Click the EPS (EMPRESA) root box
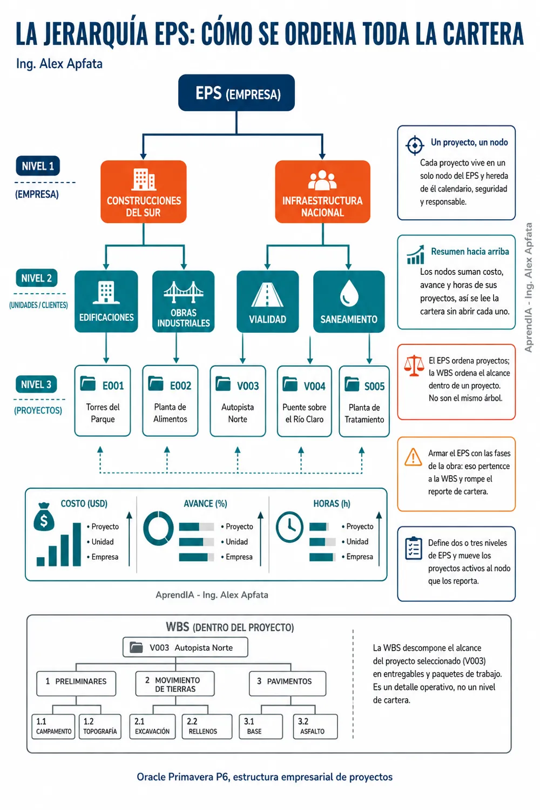[236, 92]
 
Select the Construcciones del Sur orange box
[144, 191]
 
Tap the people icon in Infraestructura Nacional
[322, 180]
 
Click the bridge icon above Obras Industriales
[184, 292]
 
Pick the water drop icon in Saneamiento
[349, 293]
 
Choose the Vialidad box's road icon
[267, 295]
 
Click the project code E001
[113, 386]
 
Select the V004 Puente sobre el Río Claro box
[305, 401]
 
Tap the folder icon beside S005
[352, 384]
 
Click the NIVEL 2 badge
[37, 278]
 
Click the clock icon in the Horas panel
[289, 527]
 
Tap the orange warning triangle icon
[413, 457]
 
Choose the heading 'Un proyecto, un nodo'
[469, 143]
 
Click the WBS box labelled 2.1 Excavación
[152, 726]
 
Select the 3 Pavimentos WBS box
[287, 683]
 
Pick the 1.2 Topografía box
[100, 726]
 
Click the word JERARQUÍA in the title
[96, 35]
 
